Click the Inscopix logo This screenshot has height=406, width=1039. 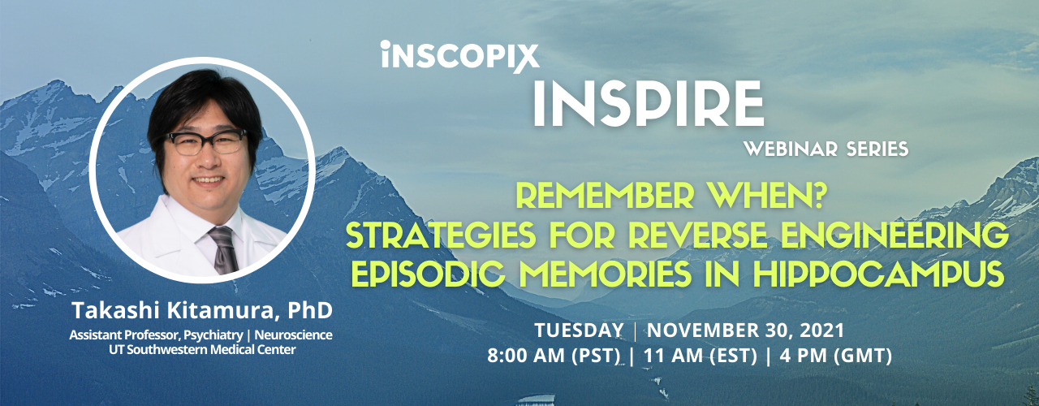(x=459, y=56)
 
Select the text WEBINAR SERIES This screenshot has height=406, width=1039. (x=826, y=149)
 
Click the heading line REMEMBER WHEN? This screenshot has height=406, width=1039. (x=677, y=197)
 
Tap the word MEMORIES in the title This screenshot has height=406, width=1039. (x=627, y=276)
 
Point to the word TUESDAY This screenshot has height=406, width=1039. (x=578, y=330)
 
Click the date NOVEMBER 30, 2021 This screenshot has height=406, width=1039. (x=745, y=330)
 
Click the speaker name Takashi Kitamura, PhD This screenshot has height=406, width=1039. (x=201, y=311)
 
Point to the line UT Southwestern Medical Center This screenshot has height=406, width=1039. (x=201, y=349)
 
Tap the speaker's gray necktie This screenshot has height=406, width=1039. (x=223, y=248)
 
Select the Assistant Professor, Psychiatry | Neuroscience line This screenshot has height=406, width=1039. (x=201, y=335)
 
